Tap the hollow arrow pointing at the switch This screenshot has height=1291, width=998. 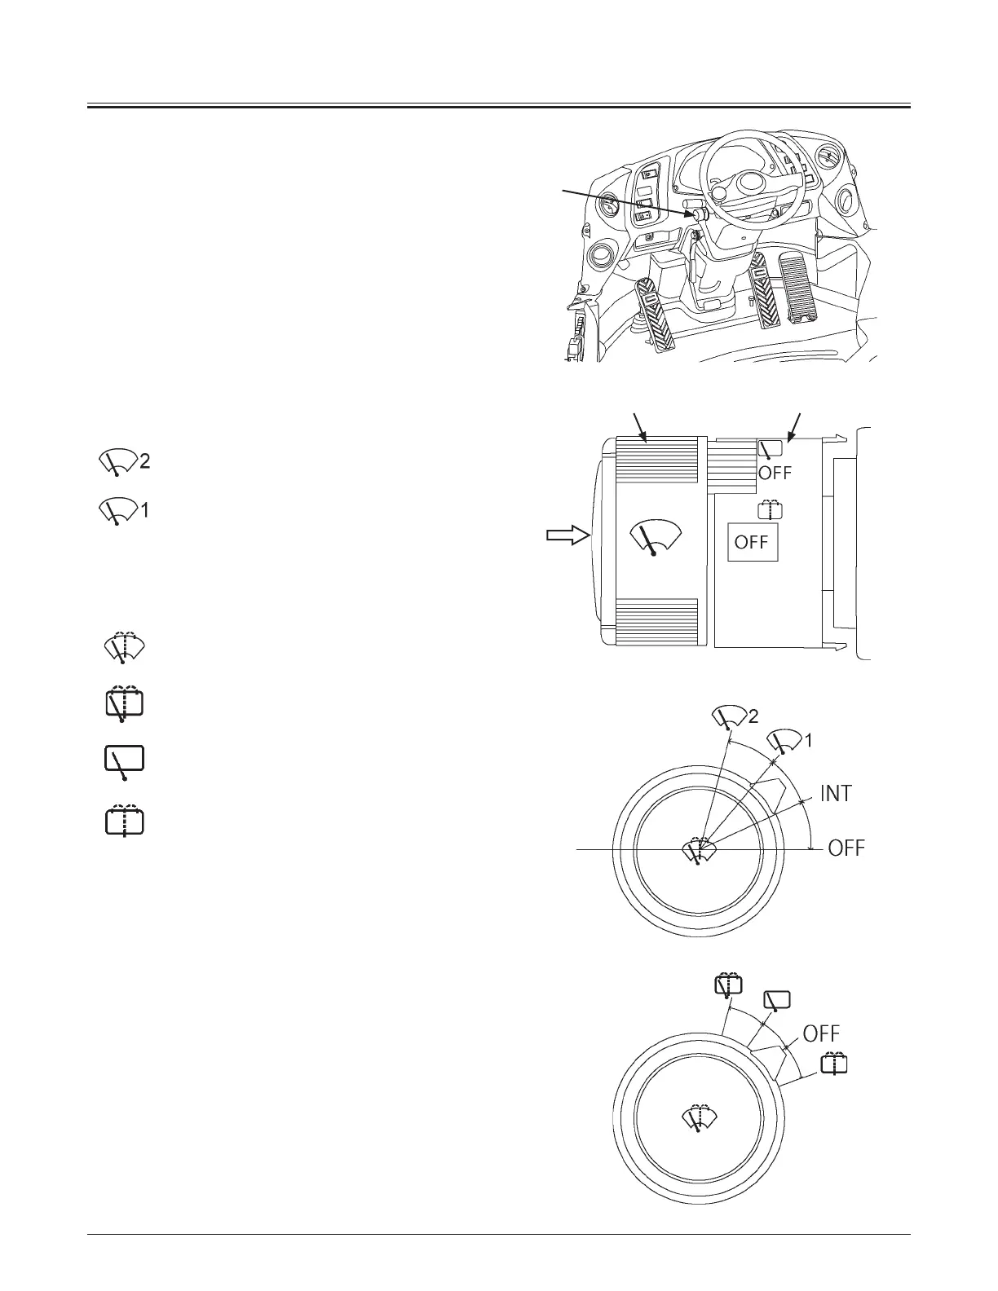[567, 535]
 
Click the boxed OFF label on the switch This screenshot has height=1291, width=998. [753, 542]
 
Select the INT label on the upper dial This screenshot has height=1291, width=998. [836, 793]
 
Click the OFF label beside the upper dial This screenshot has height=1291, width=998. [846, 848]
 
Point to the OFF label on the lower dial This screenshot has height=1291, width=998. [821, 1033]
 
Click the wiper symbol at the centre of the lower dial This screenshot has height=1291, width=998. [699, 1119]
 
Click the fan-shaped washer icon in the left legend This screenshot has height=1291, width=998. [124, 648]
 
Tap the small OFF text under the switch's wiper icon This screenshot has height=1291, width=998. [775, 474]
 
